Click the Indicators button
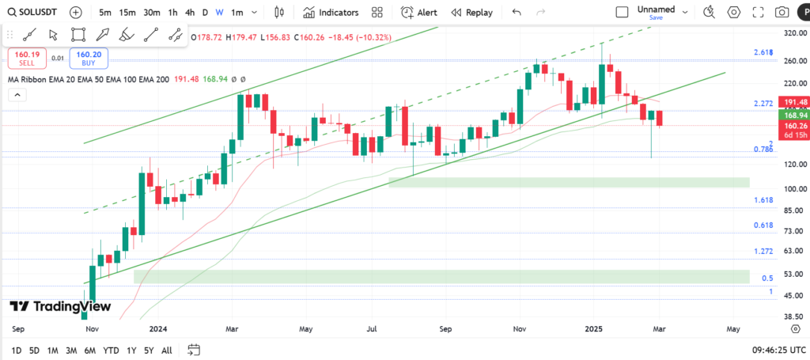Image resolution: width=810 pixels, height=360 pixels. click(x=331, y=13)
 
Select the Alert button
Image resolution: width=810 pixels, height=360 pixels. click(x=419, y=13)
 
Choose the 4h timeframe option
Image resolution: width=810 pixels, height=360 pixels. click(x=190, y=13)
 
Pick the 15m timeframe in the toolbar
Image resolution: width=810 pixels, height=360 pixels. click(x=127, y=13)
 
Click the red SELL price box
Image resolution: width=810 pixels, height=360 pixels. click(x=27, y=58)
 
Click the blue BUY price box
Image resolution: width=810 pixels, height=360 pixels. click(x=88, y=58)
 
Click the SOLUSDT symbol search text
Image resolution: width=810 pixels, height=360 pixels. click(x=37, y=13)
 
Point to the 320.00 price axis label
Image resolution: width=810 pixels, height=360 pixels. click(x=794, y=34)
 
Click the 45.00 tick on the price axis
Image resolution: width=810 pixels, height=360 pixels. click(x=794, y=296)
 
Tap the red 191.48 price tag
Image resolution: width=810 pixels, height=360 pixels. click(x=795, y=103)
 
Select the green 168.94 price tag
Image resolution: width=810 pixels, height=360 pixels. click(x=795, y=114)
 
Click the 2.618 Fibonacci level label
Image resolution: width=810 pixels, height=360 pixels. click(x=763, y=52)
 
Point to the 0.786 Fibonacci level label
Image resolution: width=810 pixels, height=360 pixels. click(x=763, y=150)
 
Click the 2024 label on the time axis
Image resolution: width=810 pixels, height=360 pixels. click(x=158, y=328)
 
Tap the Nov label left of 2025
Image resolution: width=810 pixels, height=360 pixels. click(x=520, y=328)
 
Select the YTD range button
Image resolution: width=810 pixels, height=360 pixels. click(x=111, y=350)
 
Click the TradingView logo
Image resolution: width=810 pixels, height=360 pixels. click(x=60, y=307)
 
